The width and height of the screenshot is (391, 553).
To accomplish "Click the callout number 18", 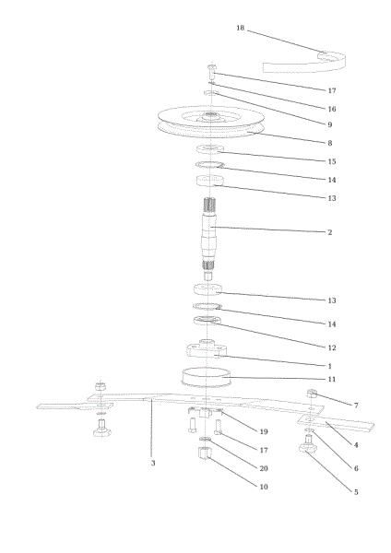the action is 241,28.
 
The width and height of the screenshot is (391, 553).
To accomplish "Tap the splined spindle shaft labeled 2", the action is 209,239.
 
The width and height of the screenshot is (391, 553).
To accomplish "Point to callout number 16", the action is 332,109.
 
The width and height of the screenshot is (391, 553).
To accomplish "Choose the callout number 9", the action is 330,124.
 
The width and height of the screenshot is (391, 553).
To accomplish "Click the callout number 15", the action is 332,161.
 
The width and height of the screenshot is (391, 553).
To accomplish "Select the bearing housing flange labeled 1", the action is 207,348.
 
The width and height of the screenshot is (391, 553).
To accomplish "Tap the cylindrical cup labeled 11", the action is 206,378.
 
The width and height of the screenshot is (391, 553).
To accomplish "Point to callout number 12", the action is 332,347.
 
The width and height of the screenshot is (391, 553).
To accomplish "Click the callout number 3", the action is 153,463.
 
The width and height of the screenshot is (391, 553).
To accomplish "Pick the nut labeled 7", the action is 313,393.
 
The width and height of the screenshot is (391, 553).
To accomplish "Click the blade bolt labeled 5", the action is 308,444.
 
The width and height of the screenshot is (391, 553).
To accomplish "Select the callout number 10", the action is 264,487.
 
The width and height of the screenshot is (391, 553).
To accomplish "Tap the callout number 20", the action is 264,468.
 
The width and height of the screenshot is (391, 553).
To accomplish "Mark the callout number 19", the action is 264,431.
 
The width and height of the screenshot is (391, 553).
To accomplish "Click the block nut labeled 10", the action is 204,453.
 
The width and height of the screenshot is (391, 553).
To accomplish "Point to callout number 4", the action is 356,445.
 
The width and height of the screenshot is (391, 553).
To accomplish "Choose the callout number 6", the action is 356,468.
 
